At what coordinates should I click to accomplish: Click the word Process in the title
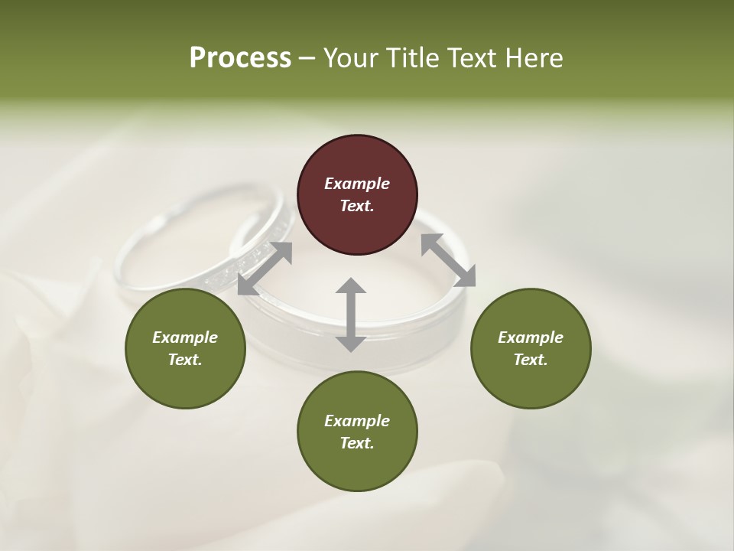pyautogui.click(x=240, y=58)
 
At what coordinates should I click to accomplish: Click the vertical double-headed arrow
pyautogui.click(x=351, y=315)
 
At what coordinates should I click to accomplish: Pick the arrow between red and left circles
pyautogui.click(x=265, y=269)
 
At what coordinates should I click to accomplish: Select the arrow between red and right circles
pyautogui.click(x=448, y=260)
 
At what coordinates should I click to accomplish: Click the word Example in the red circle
pyautogui.click(x=357, y=184)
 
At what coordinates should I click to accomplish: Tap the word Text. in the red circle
pyautogui.click(x=357, y=206)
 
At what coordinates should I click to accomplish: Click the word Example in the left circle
pyautogui.click(x=185, y=337)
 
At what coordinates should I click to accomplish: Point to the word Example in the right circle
pyautogui.click(x=531, y=337)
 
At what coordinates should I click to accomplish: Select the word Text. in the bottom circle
pyautogui.click(x=357, y=443)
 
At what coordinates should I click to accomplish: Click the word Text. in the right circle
pyautogui.click(x=531, y=360)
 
